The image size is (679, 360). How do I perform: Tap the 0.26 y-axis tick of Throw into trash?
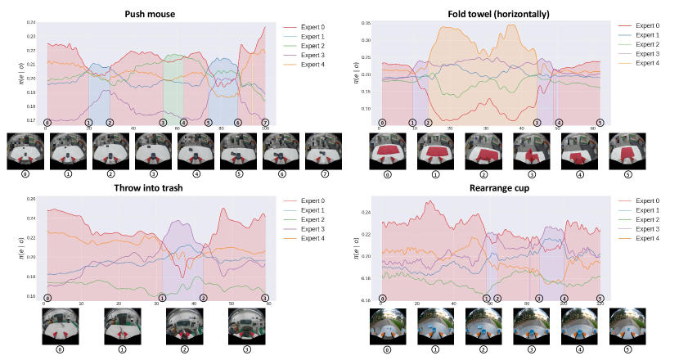(x=32, y=200)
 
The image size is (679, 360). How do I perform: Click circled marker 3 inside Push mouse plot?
(x=163, y=123)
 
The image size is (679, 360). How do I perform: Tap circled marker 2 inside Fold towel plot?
(x=428, y=123)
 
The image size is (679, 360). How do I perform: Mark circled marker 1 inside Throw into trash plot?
(x=162, y=298)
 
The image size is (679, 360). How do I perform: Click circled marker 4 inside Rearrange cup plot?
(x=564, y=299)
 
